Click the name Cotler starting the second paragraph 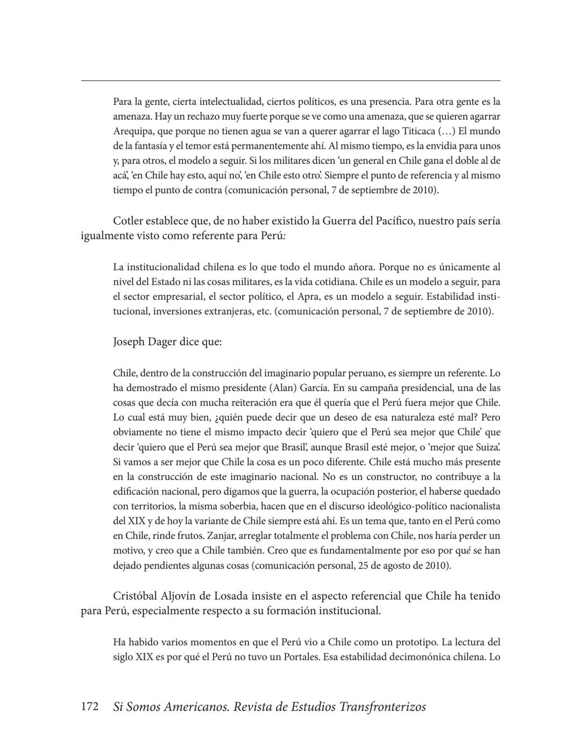(129, 221)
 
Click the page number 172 (89, 707)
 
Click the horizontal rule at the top (290, 81)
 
